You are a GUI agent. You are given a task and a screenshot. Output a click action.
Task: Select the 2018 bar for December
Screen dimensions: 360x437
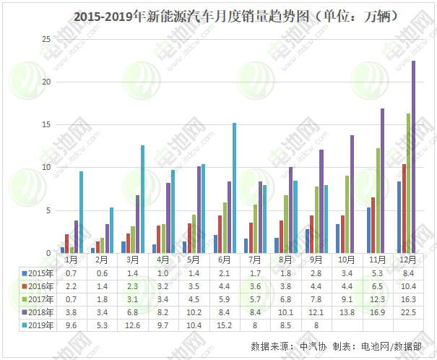tap(413, 157)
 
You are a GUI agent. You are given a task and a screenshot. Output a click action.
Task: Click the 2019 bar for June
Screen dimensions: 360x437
tap(234, 188)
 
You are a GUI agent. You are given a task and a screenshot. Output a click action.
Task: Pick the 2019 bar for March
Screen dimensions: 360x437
tap(142, 199)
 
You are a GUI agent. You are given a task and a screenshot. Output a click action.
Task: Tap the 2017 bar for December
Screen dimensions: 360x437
tap(408, 184)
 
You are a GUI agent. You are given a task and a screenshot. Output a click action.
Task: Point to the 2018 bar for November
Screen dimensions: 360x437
tap(382, 181)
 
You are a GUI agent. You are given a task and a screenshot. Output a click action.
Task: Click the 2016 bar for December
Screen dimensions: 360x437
tap(403, 209)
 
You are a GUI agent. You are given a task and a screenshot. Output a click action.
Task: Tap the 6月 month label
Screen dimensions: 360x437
tap(225, 259)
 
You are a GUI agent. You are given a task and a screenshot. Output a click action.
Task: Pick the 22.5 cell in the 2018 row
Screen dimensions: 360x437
tap(409, 312)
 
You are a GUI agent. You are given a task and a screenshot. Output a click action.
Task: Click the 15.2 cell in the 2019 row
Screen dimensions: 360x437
tap(225, 326)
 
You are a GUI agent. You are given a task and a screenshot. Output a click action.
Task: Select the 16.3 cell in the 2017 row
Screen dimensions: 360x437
tap(409, 299)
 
